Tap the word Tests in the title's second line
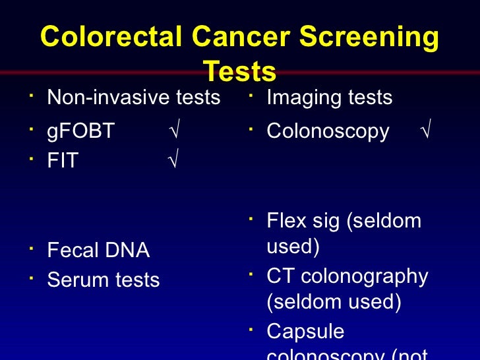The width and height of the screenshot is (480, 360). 239,71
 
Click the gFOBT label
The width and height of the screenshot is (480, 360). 80,131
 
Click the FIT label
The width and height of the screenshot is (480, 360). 62,161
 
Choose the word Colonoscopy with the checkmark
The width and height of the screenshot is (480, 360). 328,131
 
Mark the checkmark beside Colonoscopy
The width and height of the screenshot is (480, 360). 425,131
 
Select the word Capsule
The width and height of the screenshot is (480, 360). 305,331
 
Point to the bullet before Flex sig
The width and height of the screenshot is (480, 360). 251,218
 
